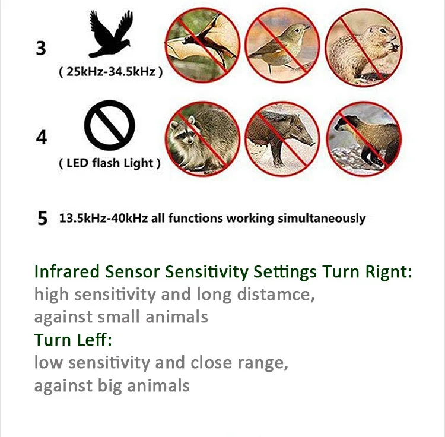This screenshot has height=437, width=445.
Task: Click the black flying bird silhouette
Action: (111, 34)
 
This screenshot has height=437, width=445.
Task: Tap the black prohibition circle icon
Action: (110, 125)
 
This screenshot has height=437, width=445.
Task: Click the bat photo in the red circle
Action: (202, 45)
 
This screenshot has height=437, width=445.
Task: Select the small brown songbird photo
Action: (282, 46)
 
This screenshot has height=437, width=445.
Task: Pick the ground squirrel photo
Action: (364, 47)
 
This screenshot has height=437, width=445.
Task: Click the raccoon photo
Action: (202, 139)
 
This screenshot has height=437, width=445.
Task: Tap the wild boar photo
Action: (282, 139)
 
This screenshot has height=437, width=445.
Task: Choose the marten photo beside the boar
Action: (364, 139)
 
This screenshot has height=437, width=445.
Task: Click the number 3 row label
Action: (41, 48)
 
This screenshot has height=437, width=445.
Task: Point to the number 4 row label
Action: (42, 137)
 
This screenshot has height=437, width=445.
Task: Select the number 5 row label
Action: (43, 218)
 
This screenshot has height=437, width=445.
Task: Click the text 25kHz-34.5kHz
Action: (111, 72)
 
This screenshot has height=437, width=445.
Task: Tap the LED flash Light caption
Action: (110, 163)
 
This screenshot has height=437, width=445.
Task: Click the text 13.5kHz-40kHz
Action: (104, 218)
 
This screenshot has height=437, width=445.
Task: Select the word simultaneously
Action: (322, 218)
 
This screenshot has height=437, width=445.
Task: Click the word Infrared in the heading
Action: (66, 271)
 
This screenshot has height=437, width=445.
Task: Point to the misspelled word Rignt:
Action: (389, 272)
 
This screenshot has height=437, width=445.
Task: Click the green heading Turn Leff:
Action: (73, 340)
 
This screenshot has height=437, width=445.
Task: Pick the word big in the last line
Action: (110, 386)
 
